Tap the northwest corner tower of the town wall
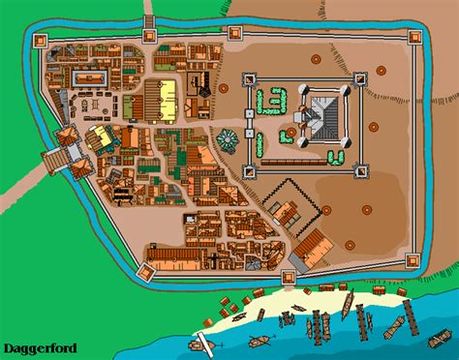click(x=41, y=40)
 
